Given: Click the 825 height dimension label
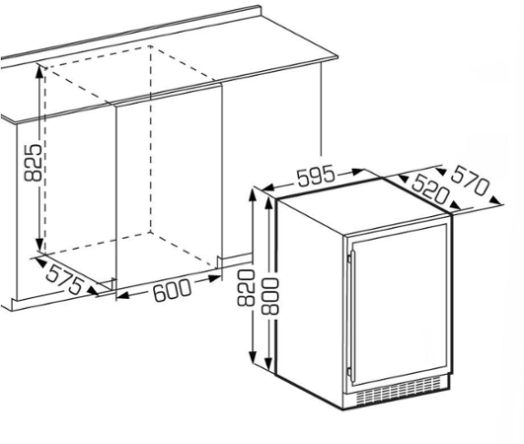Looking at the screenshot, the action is click(x=34, y=163).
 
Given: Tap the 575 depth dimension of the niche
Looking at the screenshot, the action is click(x=64, y=278).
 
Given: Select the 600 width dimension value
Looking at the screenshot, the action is click(x=172, y=290).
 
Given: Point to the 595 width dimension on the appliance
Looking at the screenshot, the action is click(x=316, y=175).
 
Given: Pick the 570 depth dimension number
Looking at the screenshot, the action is click(x=471, y=181).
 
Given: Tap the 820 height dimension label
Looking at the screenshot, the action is click(x=246, y=288).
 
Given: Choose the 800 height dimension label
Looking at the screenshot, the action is click(x=269, y=296).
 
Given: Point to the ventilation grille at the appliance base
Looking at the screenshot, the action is click(x=399, y=390).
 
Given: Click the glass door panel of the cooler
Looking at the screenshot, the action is click(x=400, y=305).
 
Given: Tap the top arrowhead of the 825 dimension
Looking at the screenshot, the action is click(x=39, y=72).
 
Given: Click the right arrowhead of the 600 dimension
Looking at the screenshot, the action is click(x=214, y=278).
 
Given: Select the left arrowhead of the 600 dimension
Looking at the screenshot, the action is click(x=123, y=295).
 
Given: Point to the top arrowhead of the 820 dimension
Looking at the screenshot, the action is click(x=253, y=195).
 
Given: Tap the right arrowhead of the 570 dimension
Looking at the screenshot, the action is click(x=495, y=200).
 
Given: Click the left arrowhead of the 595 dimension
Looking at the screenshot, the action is click(x=268, y=187).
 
